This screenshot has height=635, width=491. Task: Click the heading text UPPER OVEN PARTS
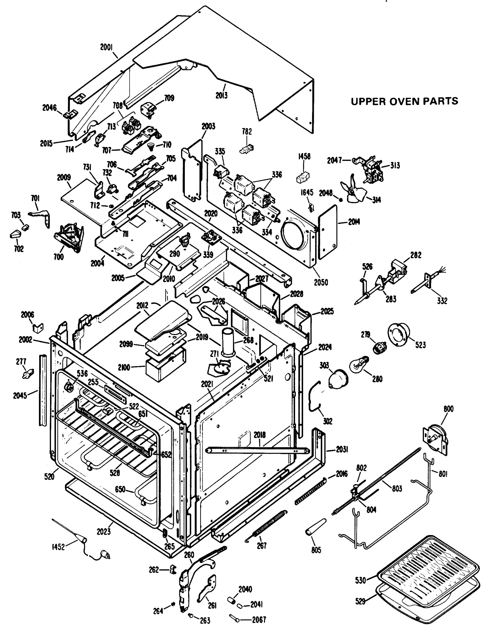(x=405, y=102)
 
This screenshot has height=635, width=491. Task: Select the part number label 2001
(x=106, y=47)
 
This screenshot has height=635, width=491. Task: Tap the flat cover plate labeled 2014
(x=328, y=232)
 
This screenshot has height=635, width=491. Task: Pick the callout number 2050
(x=321, y=282)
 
